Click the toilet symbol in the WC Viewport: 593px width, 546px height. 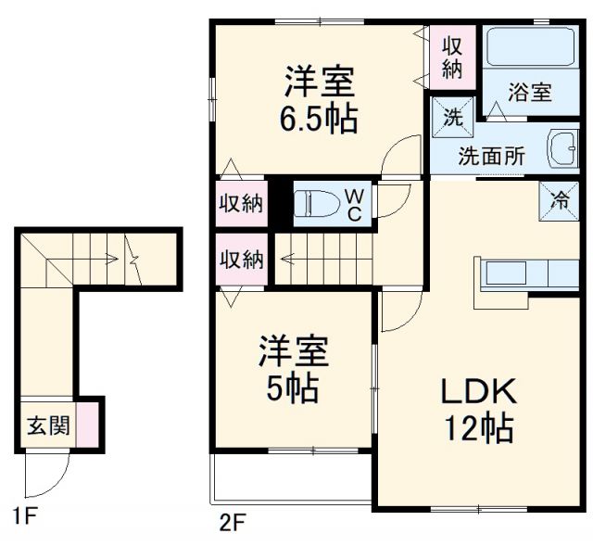pyautogui.click(x=314, y=204)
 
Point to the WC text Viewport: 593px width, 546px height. pyautogui.click(x=355, y=204)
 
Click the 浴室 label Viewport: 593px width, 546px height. pyautogui.click(x=530, y=93)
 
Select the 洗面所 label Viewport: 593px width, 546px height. pyautogui.click(x=491, y=156)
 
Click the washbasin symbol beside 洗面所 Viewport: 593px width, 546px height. pyautogui.click(x=562, y=150)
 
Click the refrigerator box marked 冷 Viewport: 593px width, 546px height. pyautogui.click(x=560, y=198)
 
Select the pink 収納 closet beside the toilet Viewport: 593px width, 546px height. pyautogui.click(x=241, y=204)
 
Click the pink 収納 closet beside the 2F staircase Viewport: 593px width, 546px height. pyautogui.click(x=241, y=259)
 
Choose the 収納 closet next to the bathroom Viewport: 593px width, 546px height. pyautogui.click(x=452, y=55)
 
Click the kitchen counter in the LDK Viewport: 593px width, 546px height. pyautogui.click(x=524, y=275)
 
